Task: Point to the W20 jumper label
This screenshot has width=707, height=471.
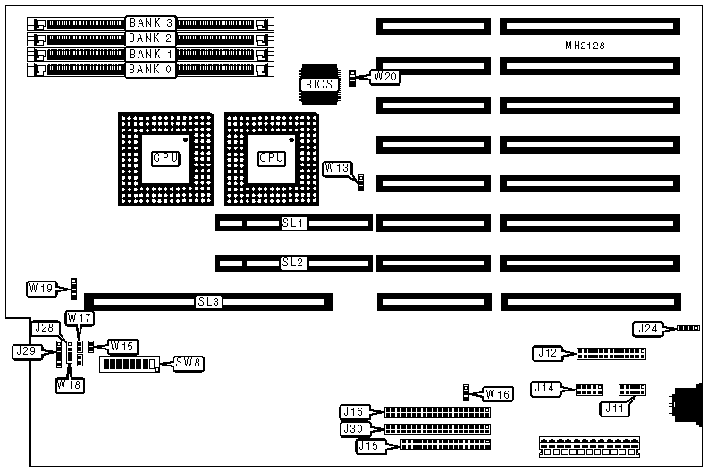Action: click(x=385, y=77)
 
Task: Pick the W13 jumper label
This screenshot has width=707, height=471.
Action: click(x=337, y=167)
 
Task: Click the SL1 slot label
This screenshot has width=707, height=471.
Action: click(x=293, y=223)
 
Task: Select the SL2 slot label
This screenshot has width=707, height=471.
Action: click(x=293, y=263)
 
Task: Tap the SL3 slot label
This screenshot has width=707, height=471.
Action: click(x=208, y=302)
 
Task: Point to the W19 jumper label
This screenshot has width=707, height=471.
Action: click(x=41, y=288)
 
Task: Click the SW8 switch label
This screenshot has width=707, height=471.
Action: click(x=188, y=363)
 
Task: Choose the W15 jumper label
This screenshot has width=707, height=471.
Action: click(x=122, y=346)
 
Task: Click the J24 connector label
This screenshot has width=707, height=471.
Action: click(x=647, y=329)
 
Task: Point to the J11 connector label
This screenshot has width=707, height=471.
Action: click(x=611, y=408)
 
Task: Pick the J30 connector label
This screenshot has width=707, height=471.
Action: click(x=354, y=429)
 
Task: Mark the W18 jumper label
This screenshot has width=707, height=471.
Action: click(x=70, y=385)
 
